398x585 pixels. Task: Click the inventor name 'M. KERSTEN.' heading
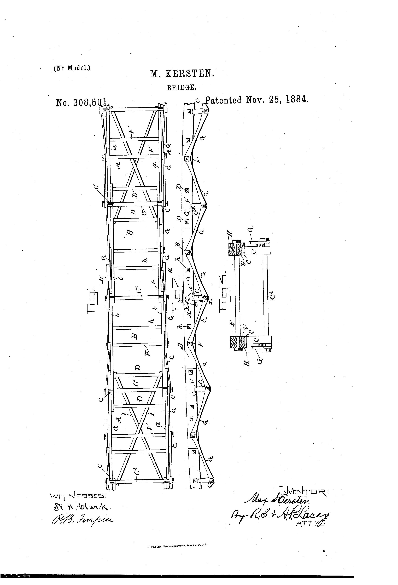pos(182,74)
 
